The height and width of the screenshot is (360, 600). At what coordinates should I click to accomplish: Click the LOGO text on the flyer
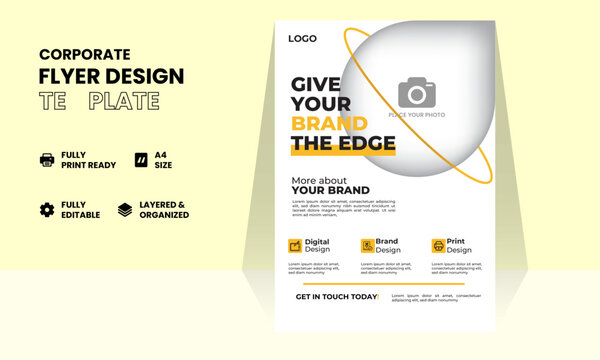302,39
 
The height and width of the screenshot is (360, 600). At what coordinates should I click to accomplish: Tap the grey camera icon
416,93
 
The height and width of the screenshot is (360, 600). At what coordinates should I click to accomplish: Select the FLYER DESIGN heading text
111,76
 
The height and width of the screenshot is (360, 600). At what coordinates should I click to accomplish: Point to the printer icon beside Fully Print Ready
47,160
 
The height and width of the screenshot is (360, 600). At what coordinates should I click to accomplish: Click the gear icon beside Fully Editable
47,209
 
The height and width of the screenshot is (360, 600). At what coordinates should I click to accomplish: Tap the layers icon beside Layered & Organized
125,209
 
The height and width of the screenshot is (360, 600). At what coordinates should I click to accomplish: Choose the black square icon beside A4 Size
138,160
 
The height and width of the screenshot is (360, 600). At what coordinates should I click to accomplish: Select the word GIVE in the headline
317,84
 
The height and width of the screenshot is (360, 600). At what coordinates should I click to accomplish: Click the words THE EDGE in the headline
343,144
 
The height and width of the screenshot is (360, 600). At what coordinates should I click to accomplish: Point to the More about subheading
318,180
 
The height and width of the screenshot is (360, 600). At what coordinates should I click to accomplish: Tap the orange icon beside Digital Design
295,245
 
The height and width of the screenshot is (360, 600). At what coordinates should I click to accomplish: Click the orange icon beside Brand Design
367,245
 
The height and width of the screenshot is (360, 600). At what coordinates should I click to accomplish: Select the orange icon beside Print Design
438,245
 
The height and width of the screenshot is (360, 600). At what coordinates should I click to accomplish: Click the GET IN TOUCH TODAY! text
337,297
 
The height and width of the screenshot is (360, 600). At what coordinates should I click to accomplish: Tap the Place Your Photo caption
417,116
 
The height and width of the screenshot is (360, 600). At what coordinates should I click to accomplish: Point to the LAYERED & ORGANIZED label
164,209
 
